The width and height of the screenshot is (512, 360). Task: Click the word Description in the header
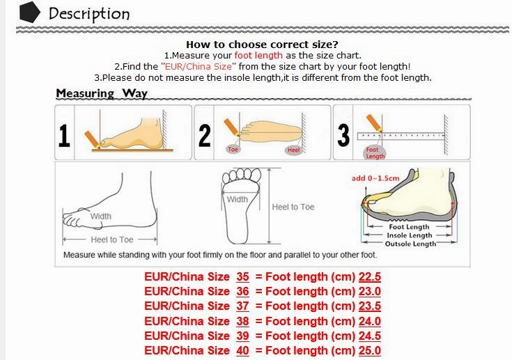(89, 13)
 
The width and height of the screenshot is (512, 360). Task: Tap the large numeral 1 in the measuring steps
(65, 136)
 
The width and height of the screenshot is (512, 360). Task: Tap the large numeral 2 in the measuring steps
(204, 135)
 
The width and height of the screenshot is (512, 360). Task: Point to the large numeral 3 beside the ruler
(343, 135)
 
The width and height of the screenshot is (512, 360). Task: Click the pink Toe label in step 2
(233, 150)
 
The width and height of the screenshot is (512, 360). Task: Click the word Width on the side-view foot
(101, 217)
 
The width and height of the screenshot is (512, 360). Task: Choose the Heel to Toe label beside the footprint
(293, 207)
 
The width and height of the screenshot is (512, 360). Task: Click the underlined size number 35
(242, 276)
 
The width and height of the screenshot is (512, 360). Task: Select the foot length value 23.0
(369, 291)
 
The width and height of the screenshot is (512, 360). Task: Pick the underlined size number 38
(242, 321)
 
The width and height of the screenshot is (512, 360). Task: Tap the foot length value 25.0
(369, 351)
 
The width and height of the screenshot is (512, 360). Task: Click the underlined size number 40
(242, 351)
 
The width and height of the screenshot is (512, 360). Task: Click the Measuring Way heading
(101, 93)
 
